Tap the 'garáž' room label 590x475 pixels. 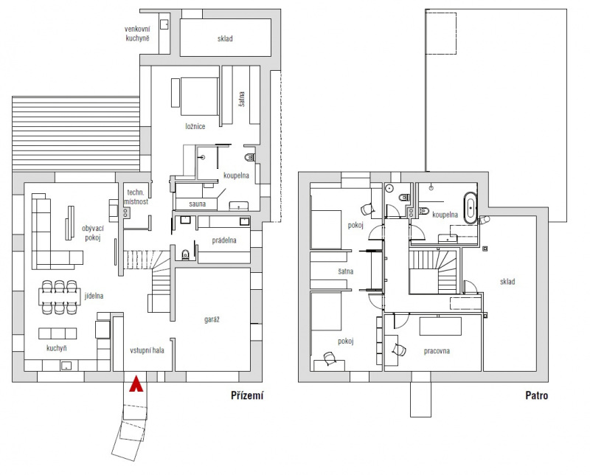pyautogui.click(x=212, y=319)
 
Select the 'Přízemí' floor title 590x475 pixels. pyautogui.click(x=247, y=395)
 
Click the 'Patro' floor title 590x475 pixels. pyautogui.click(x=537, y=395)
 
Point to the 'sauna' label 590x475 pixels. pyautogui.click(x=197, y=204)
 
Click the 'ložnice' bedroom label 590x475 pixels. pyautogui.click(x=195, y=126)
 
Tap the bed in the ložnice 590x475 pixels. pyautogui.click(x=199, y=97)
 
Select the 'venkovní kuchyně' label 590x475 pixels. pyautogui.click(x=137, y=33)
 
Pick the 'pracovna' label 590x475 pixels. pyautogui.click(x=437, y=351)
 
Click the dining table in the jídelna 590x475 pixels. pyautogui.click(x=60, y=297)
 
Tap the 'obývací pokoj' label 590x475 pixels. pyautogui.click(x=93, y=233)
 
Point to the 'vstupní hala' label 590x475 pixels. pyautogui.click(x=147, y=350)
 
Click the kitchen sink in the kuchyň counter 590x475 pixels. pyautogui.click(x=66, y=366)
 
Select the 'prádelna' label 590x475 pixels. pyautogui.click(x=224, y=240)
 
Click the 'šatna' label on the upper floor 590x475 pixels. pyautogui.click(x=345, y=271)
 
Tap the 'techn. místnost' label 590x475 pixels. pyautogui.click(x=136, y=197)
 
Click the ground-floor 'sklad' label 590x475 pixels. pyautogui.click(x=225, y=38)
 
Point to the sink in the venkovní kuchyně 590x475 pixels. pyautogui.click(x=164, y=24)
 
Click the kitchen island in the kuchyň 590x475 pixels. pyautogui.click(x=58, y=333)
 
